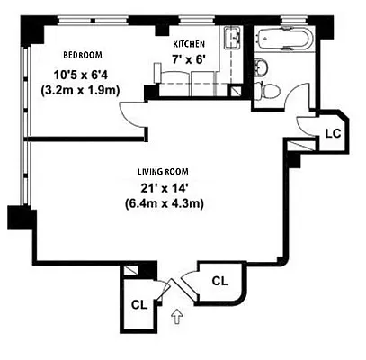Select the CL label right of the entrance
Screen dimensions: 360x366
pos(219,281)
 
